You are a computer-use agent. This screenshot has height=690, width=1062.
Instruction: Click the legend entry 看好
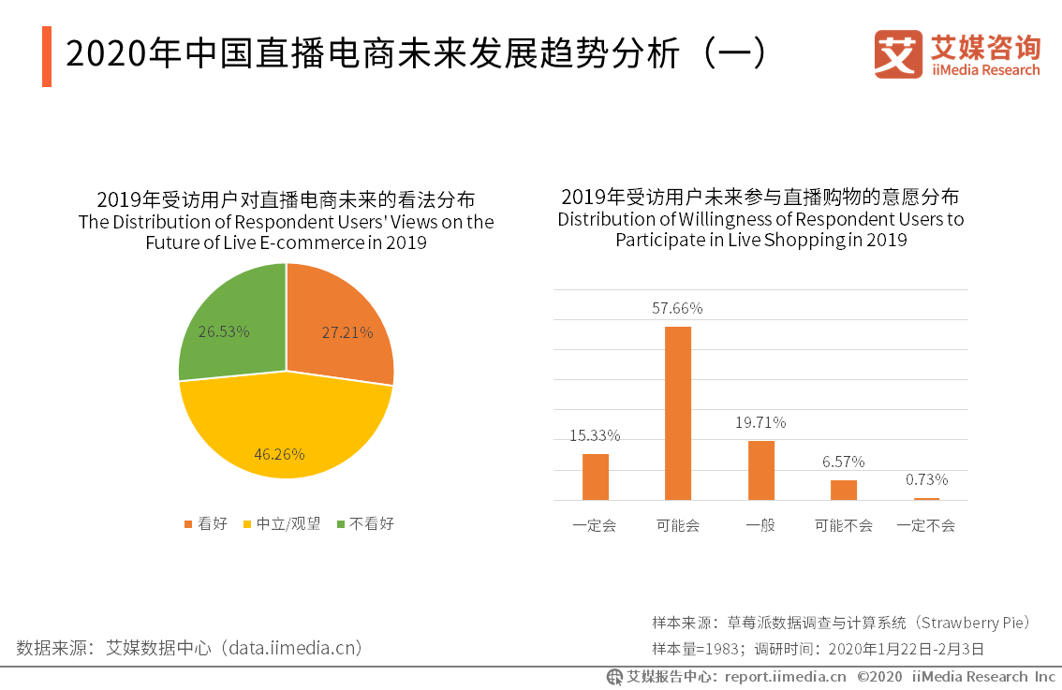coord(205,523)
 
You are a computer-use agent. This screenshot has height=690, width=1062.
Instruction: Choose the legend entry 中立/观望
coord(281,523)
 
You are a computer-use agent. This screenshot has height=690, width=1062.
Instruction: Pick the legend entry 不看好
coord(365,523)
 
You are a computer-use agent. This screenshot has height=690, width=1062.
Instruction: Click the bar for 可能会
coord(678,413)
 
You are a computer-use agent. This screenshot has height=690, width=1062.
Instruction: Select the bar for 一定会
coord(596,477)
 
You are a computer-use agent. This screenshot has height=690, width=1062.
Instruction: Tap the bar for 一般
coord(760,470)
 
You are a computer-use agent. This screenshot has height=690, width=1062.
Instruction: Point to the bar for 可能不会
coord(844,490)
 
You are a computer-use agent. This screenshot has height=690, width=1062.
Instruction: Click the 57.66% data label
coord(677,308)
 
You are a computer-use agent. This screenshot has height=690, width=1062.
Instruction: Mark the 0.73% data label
coord(926,479)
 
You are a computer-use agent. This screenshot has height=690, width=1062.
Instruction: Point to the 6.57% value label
coord(843,462)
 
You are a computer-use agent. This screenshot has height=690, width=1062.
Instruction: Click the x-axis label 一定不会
coord(925,525)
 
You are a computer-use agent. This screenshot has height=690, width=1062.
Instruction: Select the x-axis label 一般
coord(760,525)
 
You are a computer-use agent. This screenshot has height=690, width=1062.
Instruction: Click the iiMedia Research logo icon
coord(898,54)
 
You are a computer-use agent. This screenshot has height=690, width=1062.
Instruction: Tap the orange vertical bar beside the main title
coord(47,57)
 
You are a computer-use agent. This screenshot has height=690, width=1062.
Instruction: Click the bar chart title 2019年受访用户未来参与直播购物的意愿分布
coord(760,197)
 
